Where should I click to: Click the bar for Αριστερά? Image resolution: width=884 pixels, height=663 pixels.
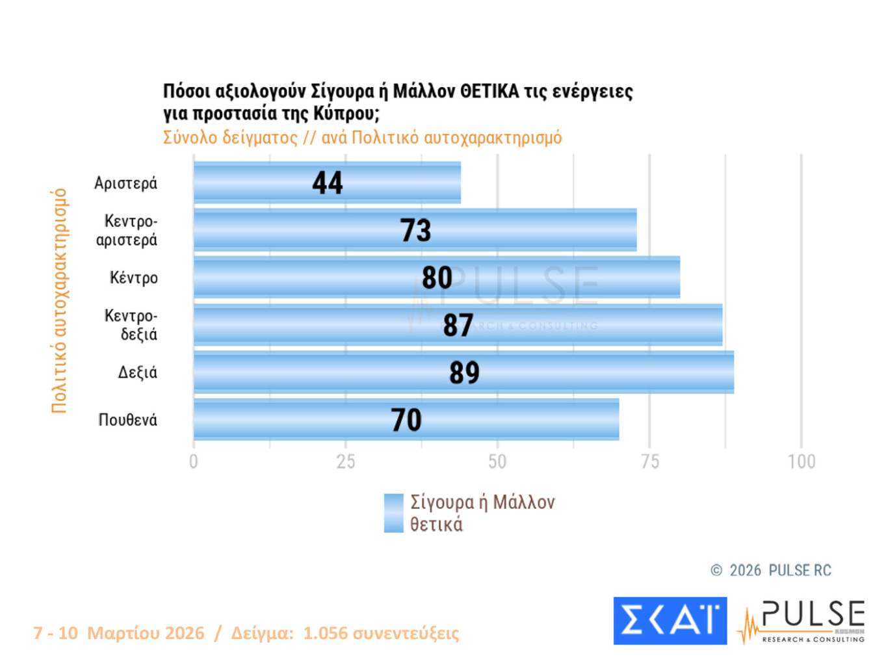pyautogui.click(x=260, y=183)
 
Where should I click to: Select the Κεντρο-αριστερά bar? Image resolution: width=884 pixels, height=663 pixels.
pyautogui.click(x=292, y=230)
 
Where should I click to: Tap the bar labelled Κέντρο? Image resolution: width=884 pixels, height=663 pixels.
pyautogui.click(x=312, y=278)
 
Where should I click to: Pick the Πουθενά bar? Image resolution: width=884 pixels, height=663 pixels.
pyautogui.click(x=292, y=420)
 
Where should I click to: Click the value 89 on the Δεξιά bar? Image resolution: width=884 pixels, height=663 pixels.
pyautogui.click(x=464, y=372)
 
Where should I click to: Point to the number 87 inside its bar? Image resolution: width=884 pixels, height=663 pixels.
pyautogui.click(x=458, y=325)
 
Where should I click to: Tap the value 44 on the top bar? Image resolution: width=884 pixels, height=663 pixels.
pyautogui.click(x=327, y=183)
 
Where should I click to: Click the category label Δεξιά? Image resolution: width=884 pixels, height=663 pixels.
pyautogui.click(x=137, y=372)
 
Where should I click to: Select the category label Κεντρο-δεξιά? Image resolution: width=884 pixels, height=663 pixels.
pyautogui.click(x=131, y=325)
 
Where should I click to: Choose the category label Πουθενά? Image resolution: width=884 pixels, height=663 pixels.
pyautogui.click(x=127, y=420)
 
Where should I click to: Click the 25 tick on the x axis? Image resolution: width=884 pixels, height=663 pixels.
pyautogui.click(x=346, y=461)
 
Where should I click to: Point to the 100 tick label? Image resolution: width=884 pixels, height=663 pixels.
pyautogui.click(x=801, y=461)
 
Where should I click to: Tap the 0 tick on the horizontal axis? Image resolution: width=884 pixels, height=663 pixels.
pyautogui.click(x=194, y=461)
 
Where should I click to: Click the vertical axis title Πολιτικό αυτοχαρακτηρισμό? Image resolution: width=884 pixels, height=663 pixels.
pyautogui.click(x=59, y=300)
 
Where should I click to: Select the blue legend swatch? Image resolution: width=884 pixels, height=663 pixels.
pyautogui.click(x=393, y=513)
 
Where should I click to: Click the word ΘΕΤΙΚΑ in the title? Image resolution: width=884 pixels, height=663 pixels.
pyautogui.click(x=489, y=92)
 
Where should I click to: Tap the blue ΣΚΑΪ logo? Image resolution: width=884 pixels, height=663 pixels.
pyautogui.click(x=669, y=621)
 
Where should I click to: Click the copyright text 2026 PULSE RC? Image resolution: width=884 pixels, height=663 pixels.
pyautogui.click(x=780, y=571)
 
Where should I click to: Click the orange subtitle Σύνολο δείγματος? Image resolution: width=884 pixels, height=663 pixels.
pyautogui.click(x=230, y=138)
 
